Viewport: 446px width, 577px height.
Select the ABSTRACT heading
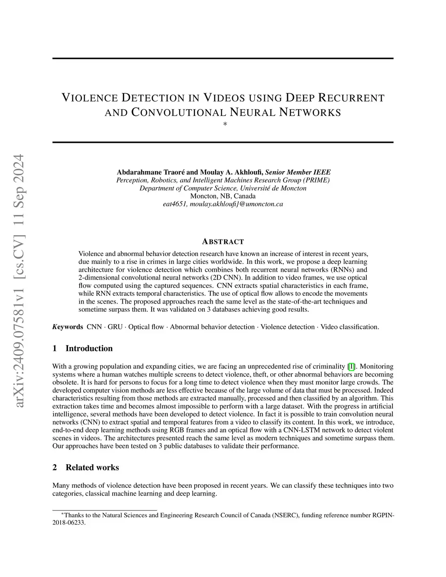pyautogui.click(x=223, y=242)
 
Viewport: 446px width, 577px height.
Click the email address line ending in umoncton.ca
pyautogui.click(x=223, y=204)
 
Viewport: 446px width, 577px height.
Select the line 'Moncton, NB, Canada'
pyautogui.click(x=223, y=196)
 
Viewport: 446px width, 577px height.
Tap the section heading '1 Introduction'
pyautogui.click(x=82, y=348)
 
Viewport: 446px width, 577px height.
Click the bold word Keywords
pyautogui.click(x=68, y=327)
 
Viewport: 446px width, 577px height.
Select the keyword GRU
pyautogui.click(x=115, y=327)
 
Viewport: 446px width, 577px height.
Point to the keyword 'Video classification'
pyautogui.click(x=350, y=327)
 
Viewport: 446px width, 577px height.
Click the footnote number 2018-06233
pyautogui.click(x=69, y=523)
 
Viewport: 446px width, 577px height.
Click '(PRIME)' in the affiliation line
pyautogui.click(x=317, y=180)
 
